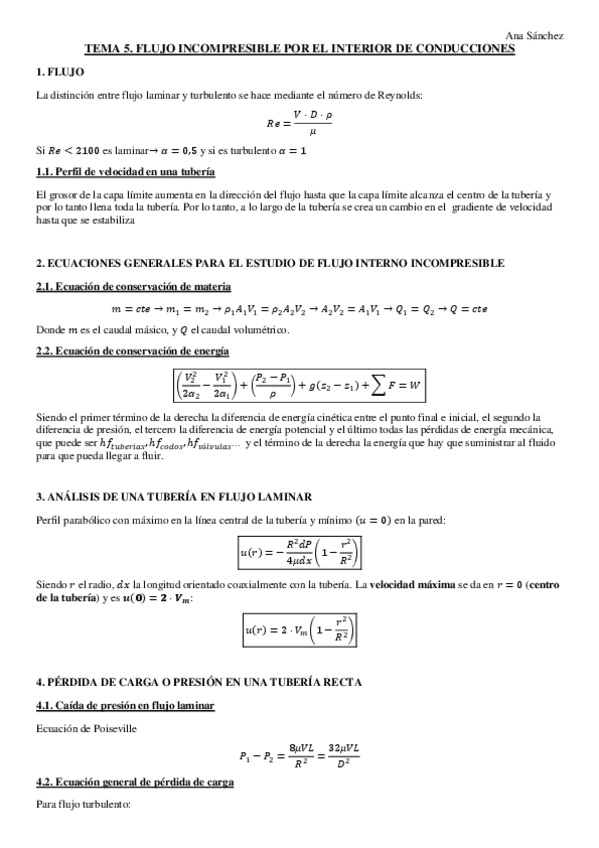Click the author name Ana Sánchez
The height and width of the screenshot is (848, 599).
coord(535,35)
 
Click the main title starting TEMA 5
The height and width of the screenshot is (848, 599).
coord(300,48)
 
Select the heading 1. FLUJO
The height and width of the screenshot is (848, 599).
coord(60,72)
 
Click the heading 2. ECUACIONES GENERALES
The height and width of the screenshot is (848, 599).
coord(270,262)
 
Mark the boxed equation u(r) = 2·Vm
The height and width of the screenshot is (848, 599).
coord(299,630)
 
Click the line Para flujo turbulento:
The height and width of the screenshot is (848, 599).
coord(77,805)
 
